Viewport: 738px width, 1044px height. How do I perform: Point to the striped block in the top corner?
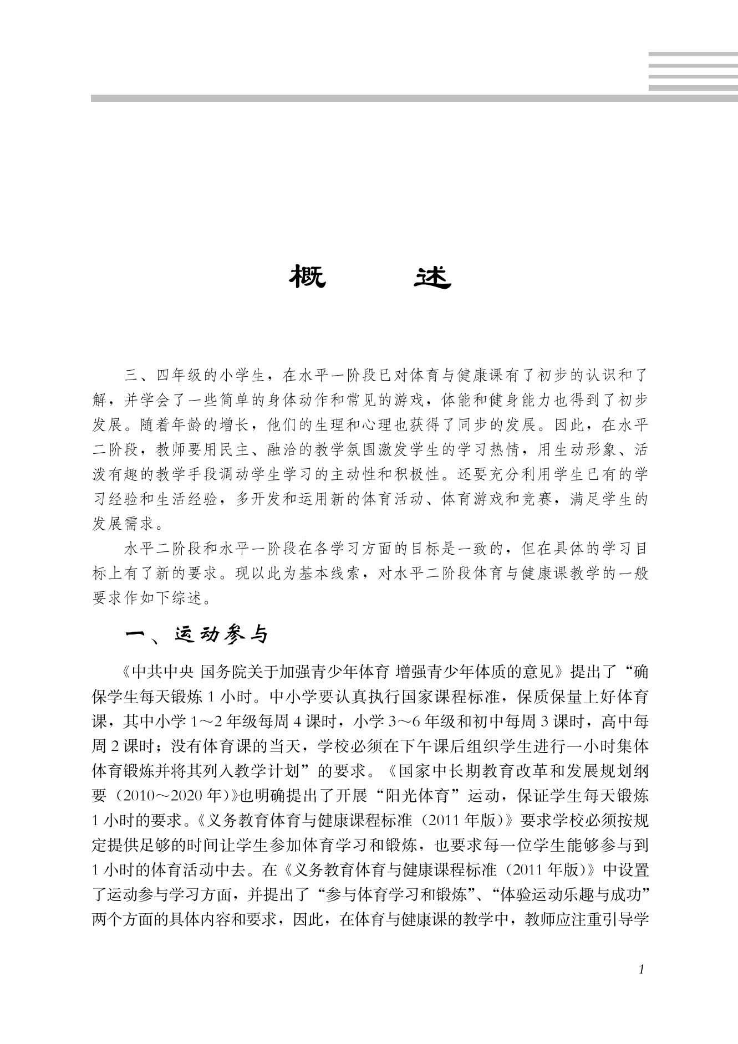point(693,71)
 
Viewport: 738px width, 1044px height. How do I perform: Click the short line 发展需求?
point(124,523)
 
